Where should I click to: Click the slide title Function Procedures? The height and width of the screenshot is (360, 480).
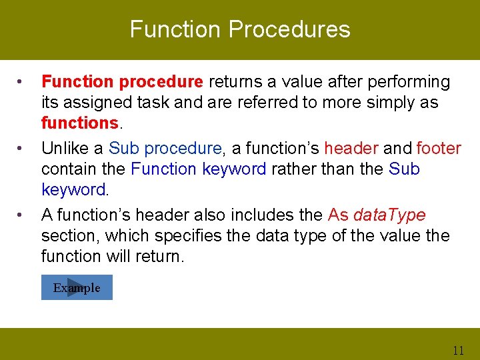(x=240, y=29)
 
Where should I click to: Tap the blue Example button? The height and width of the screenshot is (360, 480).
(x=77, y=287)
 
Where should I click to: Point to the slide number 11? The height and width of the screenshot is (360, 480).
(x=458, y=350)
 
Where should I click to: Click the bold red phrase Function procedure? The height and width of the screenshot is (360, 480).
(x=122, y=82)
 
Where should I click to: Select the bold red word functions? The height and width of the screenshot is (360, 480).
(x=80, y=123)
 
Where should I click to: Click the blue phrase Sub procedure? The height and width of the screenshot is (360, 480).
(x=165, y=149)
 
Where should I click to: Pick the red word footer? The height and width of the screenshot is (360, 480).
(x=439, y=148)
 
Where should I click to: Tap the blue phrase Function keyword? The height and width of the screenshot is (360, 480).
(x=199, y=169)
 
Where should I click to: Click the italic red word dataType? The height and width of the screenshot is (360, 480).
(x=389, y=215)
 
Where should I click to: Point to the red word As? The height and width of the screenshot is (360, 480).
(x=338, y=215)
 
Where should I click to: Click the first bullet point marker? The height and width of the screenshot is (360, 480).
(x=19, y=82)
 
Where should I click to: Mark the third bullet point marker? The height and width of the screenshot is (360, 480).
(x=19, y=215)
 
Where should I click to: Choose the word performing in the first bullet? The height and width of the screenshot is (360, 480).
(x=409, y=82)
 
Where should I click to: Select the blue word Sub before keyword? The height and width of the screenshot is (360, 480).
(x=404, y=169)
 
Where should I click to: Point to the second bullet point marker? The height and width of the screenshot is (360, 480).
(x=19, y=149)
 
